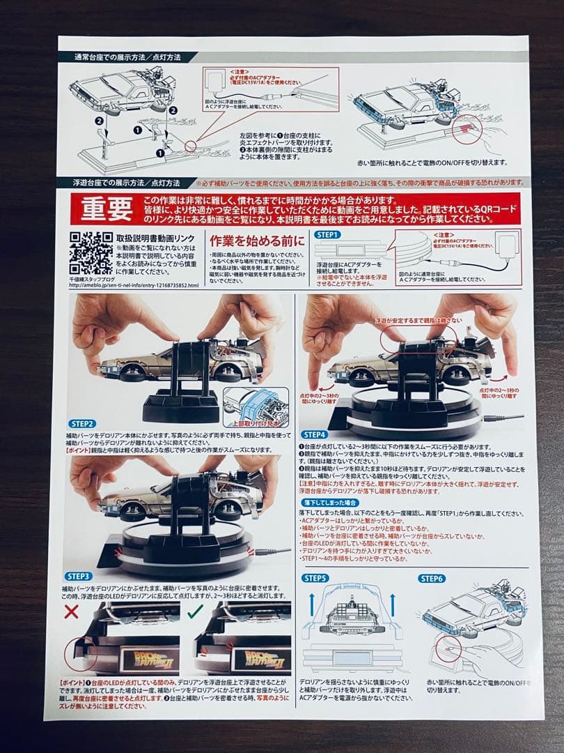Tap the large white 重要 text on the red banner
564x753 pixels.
(105, 209)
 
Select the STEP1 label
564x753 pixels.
(327, 235)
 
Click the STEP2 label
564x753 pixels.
(83, 423)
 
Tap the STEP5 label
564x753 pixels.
(315, 578)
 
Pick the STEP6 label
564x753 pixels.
(432, 578)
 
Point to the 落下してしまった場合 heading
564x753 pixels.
(332, 503)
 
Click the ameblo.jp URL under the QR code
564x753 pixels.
(133, 286)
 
